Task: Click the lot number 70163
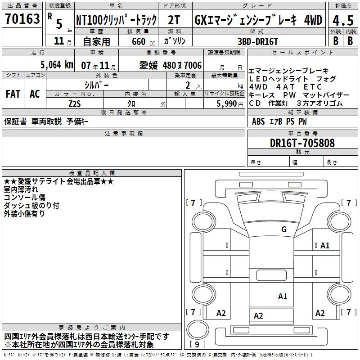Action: [x=22, y=19]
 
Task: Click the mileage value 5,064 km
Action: [x=57, y=65]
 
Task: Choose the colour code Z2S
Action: [x=75, y=103]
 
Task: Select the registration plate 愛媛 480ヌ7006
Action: [x=171, y=65]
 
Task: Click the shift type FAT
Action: [x=13, y=94]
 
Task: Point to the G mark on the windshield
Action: [x=283, y=229]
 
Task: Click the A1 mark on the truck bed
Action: [x=283, y=296]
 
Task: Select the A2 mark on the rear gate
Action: [x=258, y=315]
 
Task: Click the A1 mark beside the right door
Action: [x=325, y=245]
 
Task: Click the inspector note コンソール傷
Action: [x=25, y=197]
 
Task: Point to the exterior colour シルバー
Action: [x=96, y=85]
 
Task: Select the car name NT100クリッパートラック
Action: [x=116, y=20]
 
